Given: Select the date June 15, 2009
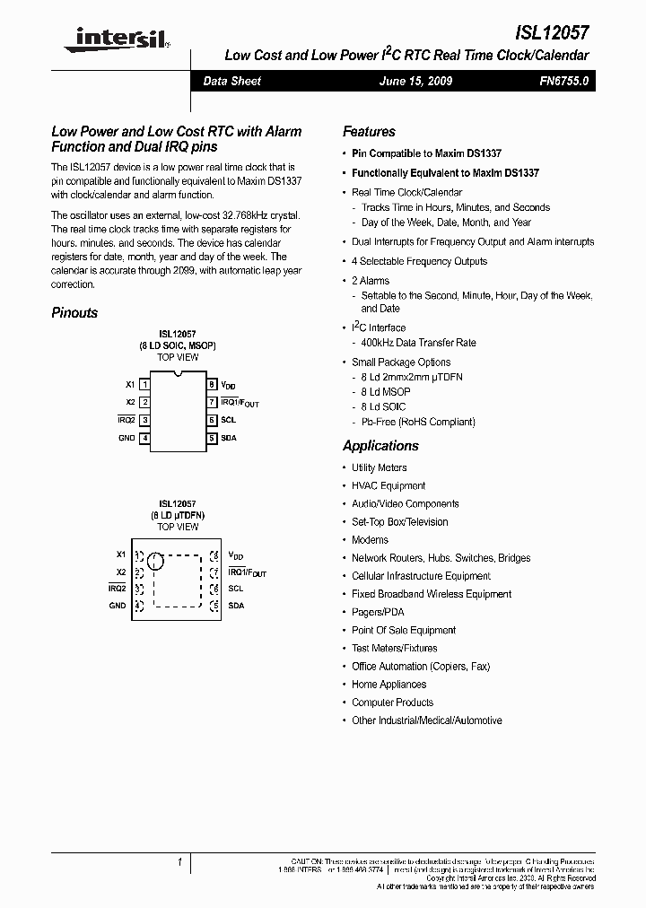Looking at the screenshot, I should click(416, 81).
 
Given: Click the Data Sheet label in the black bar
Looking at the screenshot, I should click(231, 81).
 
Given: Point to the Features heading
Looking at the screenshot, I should click(369, 131).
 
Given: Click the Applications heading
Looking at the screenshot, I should click(380, 446).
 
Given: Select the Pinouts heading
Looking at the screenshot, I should click(74, 313).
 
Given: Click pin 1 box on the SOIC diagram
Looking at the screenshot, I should click(144, 384).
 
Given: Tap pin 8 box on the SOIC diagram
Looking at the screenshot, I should click(212, 384).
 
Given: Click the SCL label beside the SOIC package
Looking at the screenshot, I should click(228, 420).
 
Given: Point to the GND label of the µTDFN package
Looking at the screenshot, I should click(118, 606).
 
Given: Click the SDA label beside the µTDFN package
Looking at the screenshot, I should click(236, 606).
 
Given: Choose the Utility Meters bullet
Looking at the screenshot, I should click(379, 467).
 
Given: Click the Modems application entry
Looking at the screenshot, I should click(370, 540).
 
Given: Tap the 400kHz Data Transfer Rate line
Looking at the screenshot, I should click(419, 343).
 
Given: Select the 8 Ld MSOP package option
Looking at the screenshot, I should click(386, 392).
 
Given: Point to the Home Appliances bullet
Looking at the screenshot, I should click(388, 685).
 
